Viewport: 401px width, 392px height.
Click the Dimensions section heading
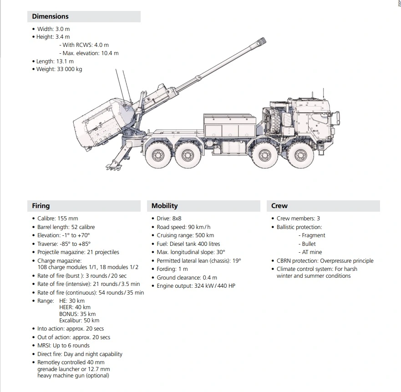(x=50, y=16)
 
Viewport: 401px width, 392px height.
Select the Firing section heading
(x=41, y=206)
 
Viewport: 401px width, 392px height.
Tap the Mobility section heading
(x=164, y=206)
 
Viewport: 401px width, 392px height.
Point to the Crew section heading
(x=279, y=206)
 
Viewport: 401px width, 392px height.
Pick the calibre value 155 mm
(x=68, y=219)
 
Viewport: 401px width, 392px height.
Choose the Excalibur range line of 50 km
(x=79, y=321)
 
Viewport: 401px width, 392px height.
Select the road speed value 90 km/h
(x=197, y=227)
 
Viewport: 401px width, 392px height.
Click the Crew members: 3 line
(x=298, y=219)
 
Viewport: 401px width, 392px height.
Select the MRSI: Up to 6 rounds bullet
(x=63, y=346)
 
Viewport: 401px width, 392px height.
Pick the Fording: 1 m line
(x=172, y=269)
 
